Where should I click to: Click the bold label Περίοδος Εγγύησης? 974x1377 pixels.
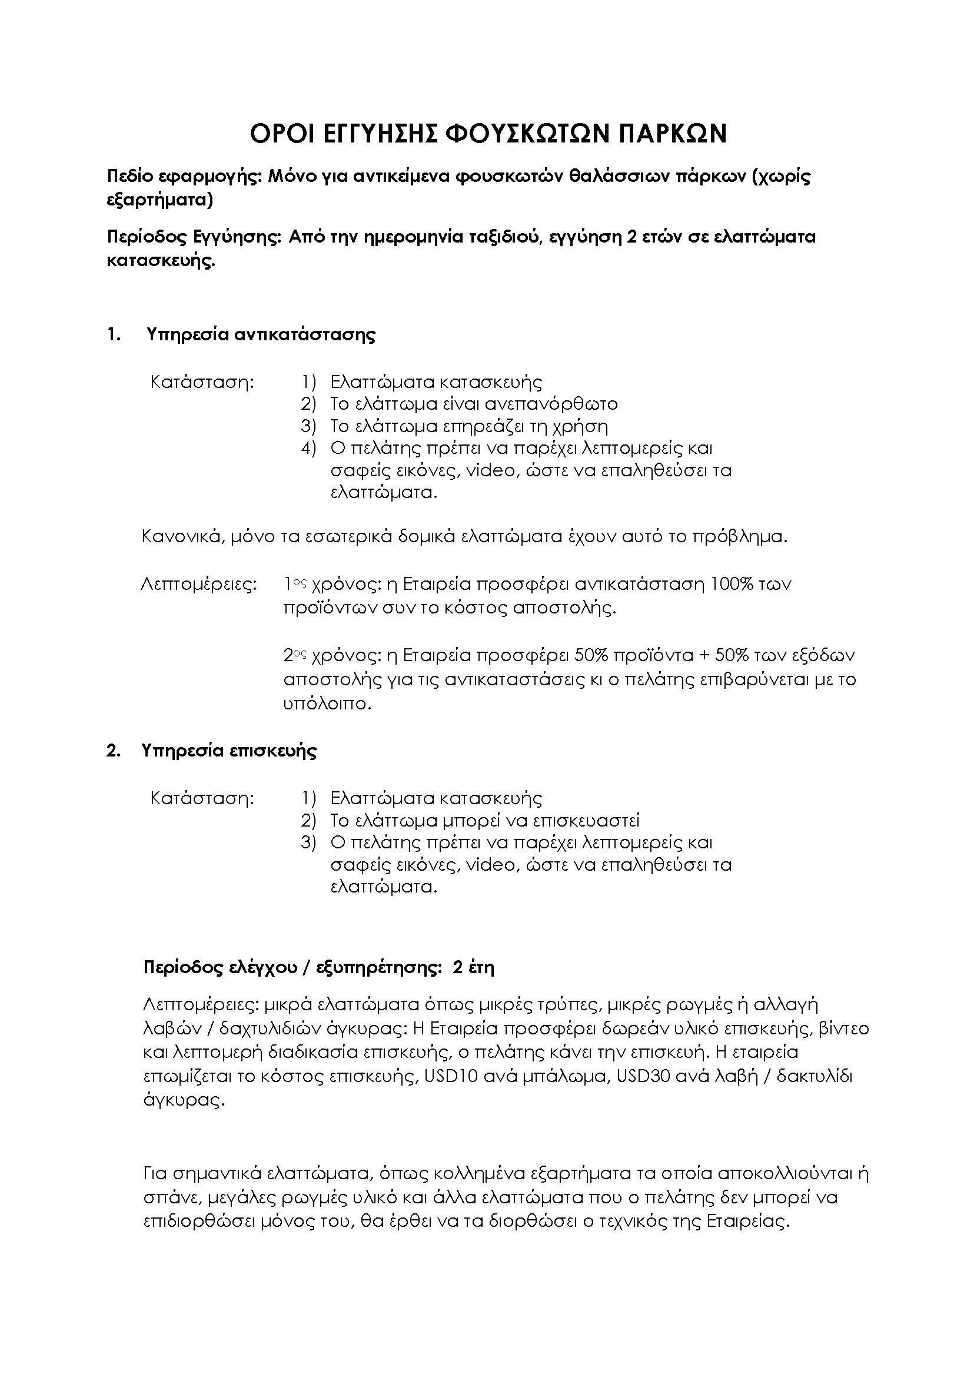point(194,237)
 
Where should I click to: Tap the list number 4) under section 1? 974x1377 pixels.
point(308,448)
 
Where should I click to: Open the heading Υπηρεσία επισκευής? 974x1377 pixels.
point(229,751)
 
